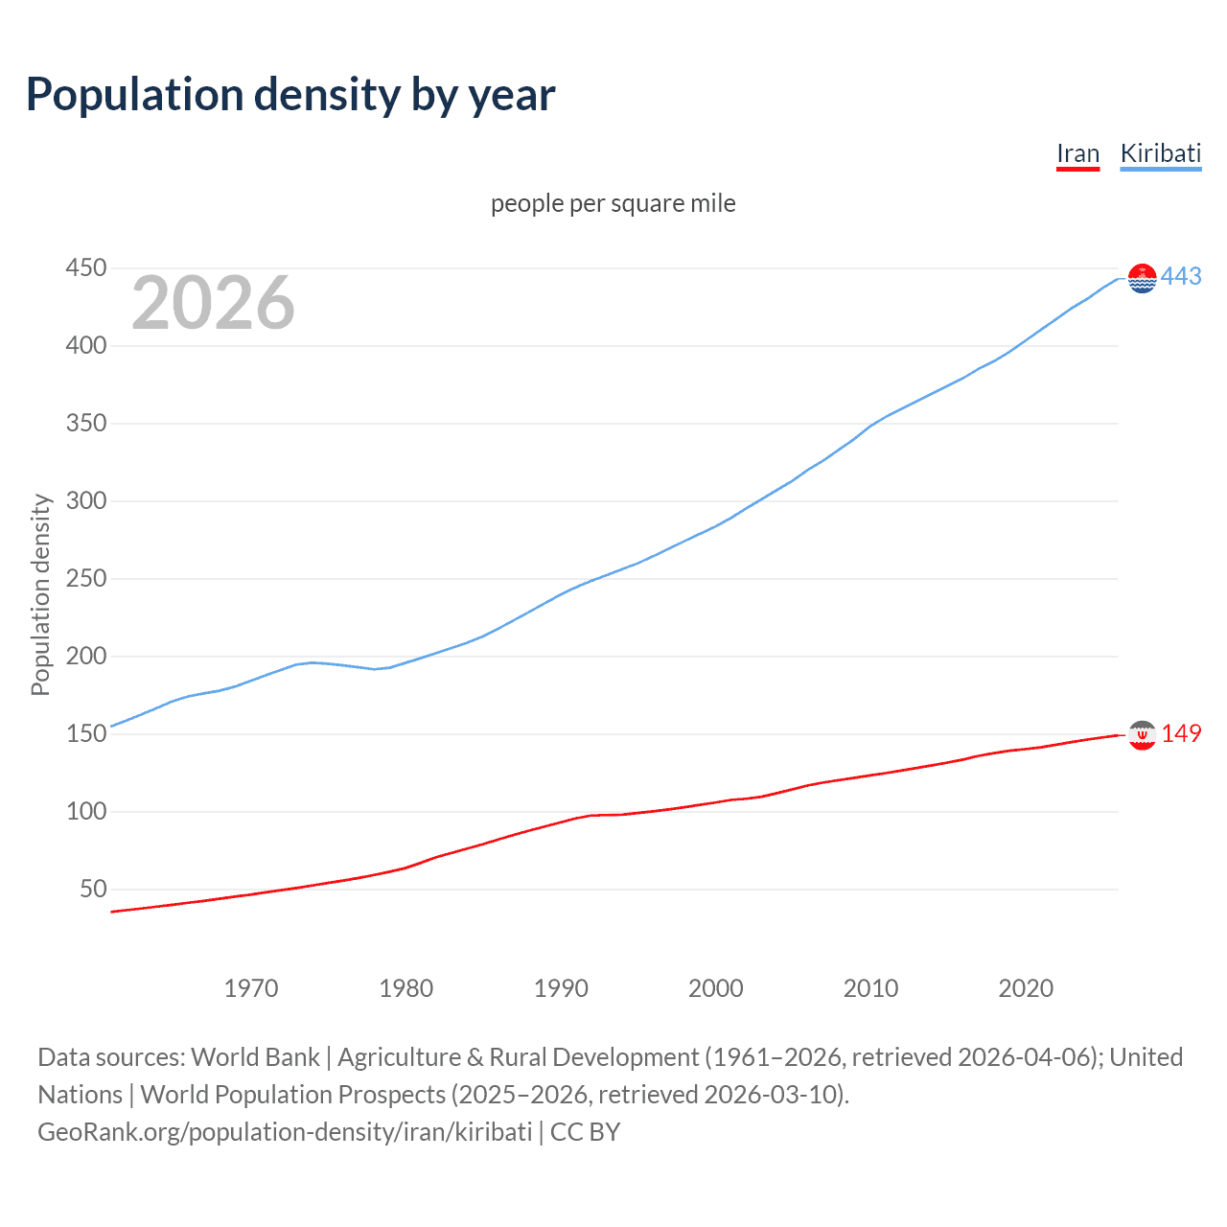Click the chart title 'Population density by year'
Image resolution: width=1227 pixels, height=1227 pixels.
[290, 95]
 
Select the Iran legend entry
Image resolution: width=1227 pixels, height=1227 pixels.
[1077, 153]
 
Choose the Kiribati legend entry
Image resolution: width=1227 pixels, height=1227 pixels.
[1160, 153]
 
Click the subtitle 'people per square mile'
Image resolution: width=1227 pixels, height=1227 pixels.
[613, 203]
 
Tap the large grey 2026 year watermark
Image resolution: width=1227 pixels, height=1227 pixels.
[213, 303]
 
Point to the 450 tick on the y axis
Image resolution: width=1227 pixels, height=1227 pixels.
[85, 267]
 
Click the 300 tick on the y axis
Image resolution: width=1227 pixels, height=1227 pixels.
[85, 500]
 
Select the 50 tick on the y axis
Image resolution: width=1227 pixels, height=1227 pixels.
[93, 889]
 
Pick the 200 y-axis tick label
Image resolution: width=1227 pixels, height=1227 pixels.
[85, 656]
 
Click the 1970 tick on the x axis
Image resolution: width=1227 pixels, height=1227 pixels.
[251, 988]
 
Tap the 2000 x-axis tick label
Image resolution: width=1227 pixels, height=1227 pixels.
[716, 988]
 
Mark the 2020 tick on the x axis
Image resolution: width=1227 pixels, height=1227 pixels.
[1026, 988]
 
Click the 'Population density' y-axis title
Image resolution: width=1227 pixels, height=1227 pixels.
[40, 594]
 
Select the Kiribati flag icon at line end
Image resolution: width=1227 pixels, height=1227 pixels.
[1142, 278]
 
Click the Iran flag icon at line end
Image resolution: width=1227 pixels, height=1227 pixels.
[1142, 735]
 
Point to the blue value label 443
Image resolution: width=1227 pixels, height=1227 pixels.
[1181, 277]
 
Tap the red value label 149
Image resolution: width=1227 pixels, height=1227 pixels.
[1181, 734]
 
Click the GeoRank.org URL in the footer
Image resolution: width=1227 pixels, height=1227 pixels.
[285, 1132]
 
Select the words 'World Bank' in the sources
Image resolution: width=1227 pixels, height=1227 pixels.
[255, 1057]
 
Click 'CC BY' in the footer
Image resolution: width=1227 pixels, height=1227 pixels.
[585, 1132]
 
